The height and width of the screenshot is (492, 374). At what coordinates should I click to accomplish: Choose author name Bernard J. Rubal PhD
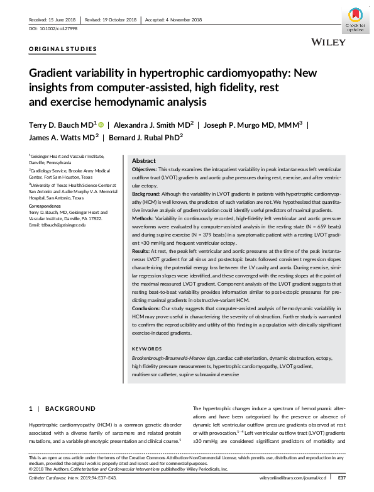pos(146,138)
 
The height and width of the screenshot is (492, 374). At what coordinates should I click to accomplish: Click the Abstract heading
pos(143,161)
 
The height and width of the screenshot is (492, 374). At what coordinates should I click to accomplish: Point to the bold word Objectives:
pos(145,170)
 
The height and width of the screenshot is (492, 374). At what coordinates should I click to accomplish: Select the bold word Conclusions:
pos(148,308)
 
